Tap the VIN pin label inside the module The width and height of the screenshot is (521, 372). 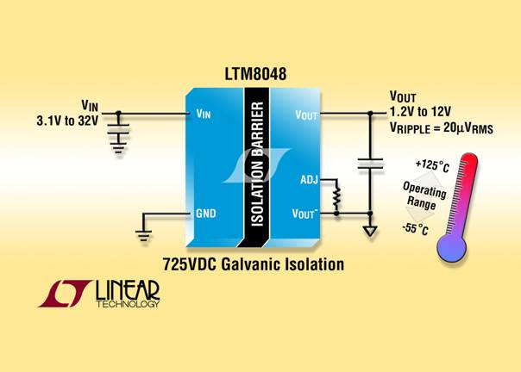[x=205, y=114]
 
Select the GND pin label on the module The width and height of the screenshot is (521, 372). [x=205, y=213]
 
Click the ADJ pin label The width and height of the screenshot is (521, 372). [x=309, y=179]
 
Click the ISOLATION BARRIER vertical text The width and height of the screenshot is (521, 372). [x=256, y=164]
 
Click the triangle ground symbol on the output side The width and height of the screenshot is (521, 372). [x=370, y=230]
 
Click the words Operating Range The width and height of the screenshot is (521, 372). [x=426, y=195]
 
